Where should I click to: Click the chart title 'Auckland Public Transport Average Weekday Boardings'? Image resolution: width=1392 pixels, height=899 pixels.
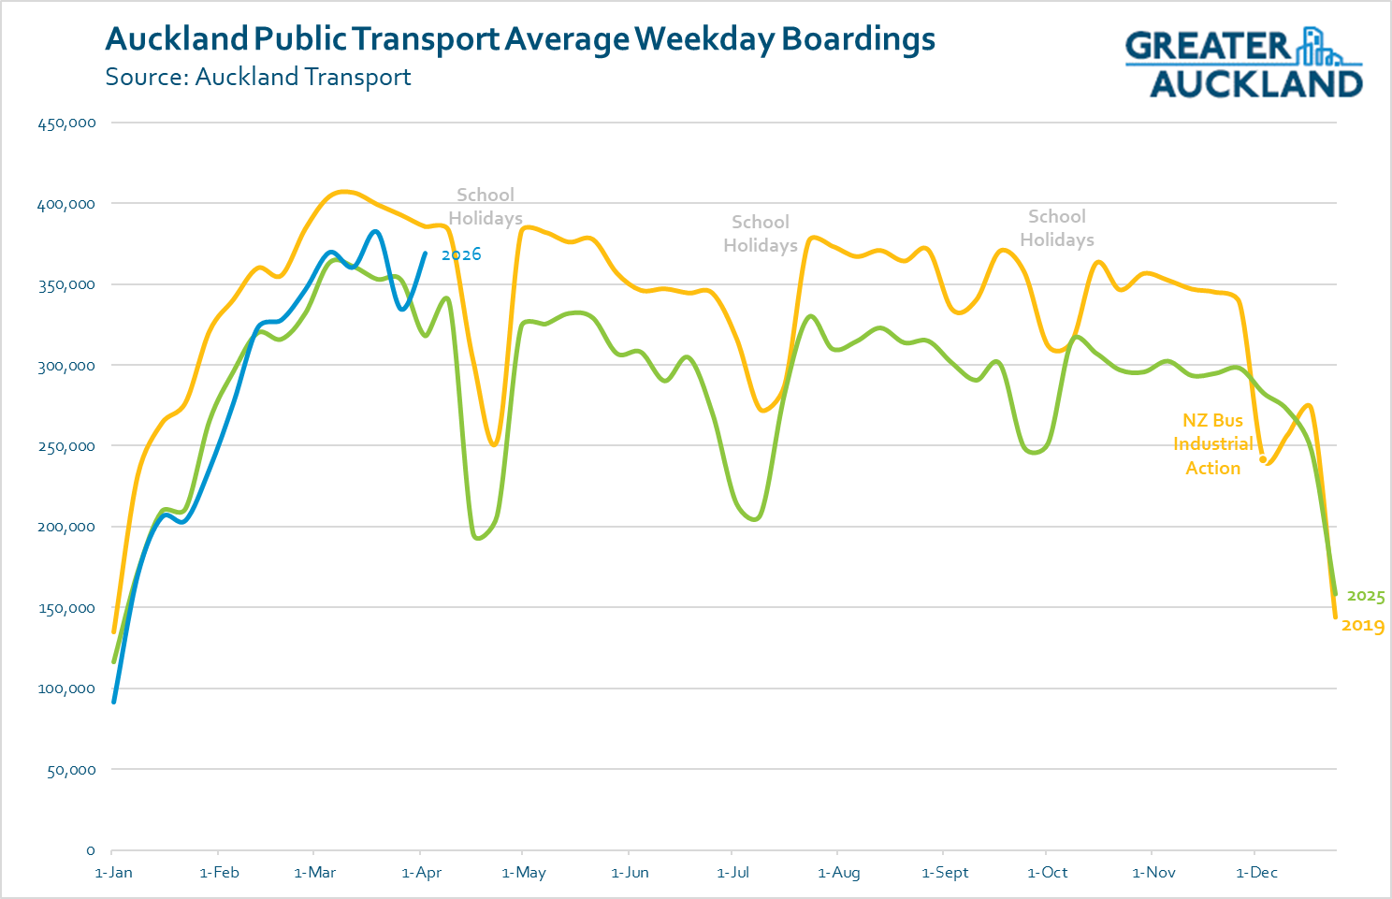[520, 39]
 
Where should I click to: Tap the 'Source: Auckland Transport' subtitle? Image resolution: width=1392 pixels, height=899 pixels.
[257, 77]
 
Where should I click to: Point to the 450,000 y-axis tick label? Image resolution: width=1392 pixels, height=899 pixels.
[66, 123]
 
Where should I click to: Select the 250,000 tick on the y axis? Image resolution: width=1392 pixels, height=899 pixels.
[66, 446]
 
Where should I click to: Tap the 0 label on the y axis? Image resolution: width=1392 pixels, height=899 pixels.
[91, 850]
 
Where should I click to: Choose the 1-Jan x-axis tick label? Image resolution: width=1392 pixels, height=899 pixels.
[114, 873]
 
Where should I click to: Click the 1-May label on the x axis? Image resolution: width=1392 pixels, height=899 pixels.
[524, 873]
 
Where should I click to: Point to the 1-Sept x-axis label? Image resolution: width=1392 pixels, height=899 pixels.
[945, 873]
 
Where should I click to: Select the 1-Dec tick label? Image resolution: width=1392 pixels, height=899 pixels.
[1256, 873]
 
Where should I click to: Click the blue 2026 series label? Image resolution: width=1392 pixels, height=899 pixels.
[461, 254]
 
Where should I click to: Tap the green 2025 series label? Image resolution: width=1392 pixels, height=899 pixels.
[1366, 596]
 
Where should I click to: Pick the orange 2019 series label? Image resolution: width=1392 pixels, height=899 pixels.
[1363, 626]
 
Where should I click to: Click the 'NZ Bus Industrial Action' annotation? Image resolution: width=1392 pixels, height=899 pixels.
[1213, 444]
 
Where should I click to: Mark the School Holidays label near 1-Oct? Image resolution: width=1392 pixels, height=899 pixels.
[1057, 228]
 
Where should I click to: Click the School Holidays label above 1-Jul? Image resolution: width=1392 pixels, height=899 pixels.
[761, 234]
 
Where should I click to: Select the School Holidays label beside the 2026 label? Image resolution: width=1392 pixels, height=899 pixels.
[486, 207]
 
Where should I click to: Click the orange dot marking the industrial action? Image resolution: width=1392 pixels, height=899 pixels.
[1263, 459]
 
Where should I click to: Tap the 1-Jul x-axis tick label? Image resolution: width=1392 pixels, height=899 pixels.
[733, 873]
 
